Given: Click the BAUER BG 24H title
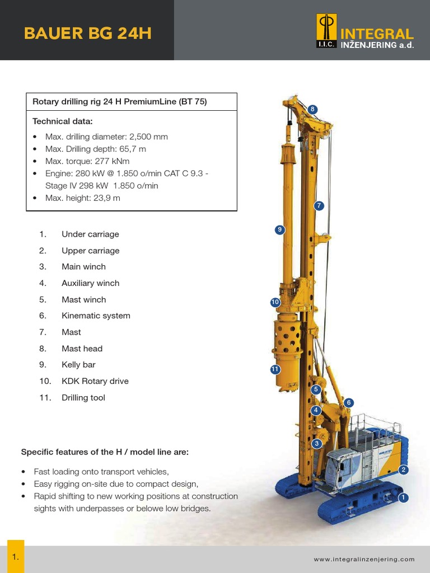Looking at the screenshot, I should coord(87,34).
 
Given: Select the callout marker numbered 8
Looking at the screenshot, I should coord(312,109).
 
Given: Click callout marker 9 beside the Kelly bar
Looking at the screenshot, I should coord(280,229).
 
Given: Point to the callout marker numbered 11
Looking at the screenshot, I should coord(274,369).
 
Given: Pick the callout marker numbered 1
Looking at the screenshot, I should coord(402,497).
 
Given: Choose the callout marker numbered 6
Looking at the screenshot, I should coord(349,402).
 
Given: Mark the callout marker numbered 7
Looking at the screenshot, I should coord(319,205).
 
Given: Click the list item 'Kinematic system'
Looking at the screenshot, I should coord(96,316).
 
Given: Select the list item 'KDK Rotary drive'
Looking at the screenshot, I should coord(95,381).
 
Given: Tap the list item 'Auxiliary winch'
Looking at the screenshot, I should coord(90,283).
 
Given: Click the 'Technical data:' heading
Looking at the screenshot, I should coord(62,121).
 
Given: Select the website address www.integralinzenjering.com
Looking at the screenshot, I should coord(364,559).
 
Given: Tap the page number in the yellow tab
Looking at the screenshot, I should coord(16,557).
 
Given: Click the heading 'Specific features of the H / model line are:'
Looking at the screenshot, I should coord(105,452).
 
